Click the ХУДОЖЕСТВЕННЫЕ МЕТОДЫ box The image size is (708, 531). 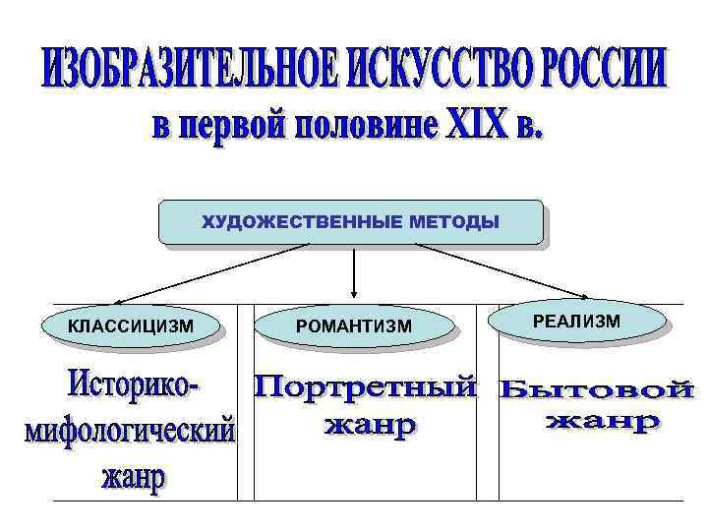pyautogui.click(x=351, y=222)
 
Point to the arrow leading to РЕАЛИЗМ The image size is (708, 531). pyautogui.click(x=501, y=269)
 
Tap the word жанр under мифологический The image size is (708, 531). pyautogui.click(x=134, y=480)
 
